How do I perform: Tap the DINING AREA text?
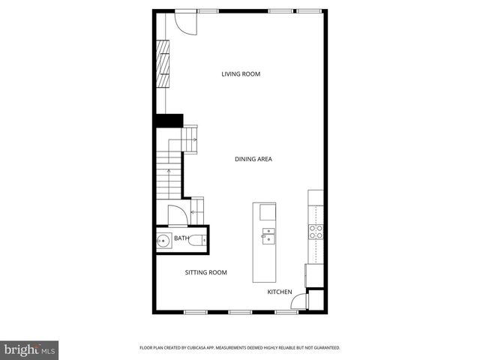pos(253,159)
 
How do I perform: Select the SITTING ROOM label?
pos(205,272)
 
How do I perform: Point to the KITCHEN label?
pos(280,291)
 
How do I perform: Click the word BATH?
pos(181,238)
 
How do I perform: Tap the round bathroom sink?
pos(164,241)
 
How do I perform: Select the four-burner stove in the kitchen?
pos(316,231)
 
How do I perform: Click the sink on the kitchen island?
pos(267,238)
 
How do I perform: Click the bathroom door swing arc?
pos(178,215)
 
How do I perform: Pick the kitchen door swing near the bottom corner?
pos(298,302)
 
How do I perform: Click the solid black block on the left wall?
pos(169,120)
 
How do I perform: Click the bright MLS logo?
pos(30,349)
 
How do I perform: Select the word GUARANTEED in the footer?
pos(325,348)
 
